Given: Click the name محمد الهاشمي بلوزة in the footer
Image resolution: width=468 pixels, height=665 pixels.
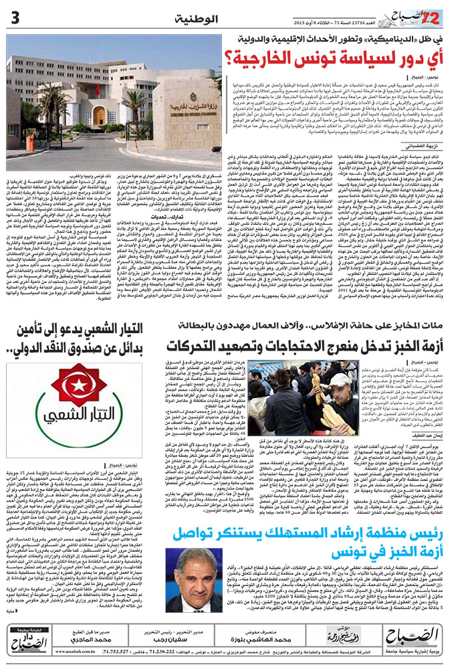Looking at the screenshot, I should (x=267, y=638).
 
